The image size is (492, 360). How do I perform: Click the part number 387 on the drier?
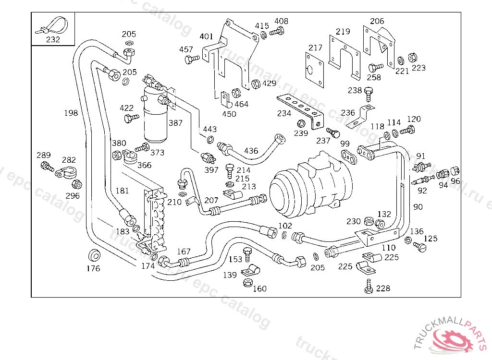[175, 123]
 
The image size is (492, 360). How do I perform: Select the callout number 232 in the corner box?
[53, 39]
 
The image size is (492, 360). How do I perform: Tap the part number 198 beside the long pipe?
[71, 113]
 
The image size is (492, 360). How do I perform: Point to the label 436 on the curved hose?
[251, 151]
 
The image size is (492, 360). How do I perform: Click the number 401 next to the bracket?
[206, 36]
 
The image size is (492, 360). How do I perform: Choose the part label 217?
[315, 48]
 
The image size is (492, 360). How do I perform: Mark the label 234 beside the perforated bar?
[284, 113]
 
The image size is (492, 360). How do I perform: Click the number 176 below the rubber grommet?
[93, 268]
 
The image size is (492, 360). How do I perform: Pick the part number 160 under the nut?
[259, 288]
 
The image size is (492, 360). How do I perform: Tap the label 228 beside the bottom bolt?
[383, 288]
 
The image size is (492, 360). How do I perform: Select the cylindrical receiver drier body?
[155, 115]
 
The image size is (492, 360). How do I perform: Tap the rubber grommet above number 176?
[94, 255]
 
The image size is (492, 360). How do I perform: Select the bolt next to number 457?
[191, 59]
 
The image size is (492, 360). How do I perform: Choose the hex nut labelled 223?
[412, 58]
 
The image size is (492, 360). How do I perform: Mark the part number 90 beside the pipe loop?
[418, 207]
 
